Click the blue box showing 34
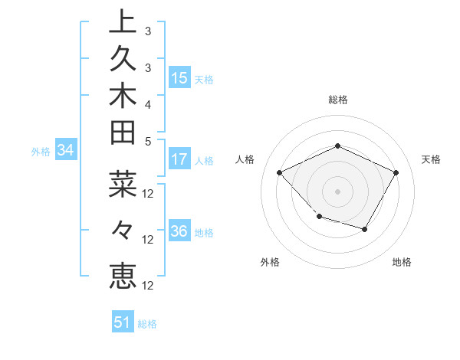point(66,151)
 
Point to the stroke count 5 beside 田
point(147,141)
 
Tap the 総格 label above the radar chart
point(337,100)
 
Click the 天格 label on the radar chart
point(431,159)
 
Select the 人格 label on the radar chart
point(245,159)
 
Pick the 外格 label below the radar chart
point(269,262)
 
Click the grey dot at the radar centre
point(337,191)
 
